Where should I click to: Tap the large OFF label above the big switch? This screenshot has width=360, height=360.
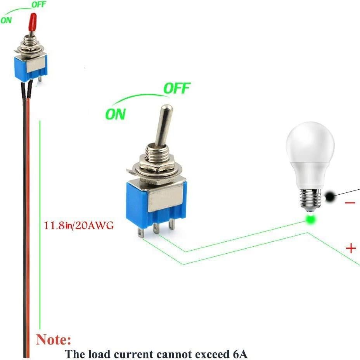pos(177,88)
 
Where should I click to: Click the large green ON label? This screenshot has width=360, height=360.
pos(116,114)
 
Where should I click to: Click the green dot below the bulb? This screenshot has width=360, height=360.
pos(310,220)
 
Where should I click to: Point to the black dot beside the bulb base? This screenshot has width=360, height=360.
pos(331,197)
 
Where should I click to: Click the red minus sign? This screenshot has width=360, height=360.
pos(350,202)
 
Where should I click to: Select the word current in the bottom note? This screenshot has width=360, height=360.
pos(135,354)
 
